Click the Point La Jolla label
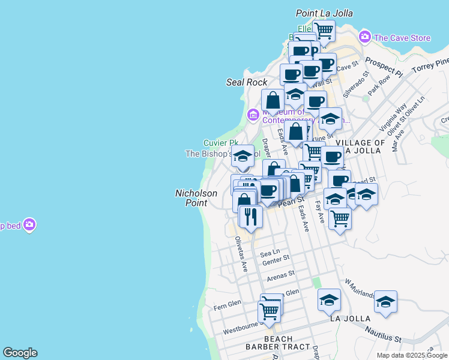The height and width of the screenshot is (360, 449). (325, 13)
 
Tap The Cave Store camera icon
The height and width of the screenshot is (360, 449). (364, 37)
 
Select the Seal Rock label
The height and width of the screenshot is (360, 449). (247, 82)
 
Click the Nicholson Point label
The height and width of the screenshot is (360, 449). (191, 198)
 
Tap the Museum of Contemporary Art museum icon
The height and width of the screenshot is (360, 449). (253, 113)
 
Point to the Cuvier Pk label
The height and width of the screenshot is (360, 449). (215, 143)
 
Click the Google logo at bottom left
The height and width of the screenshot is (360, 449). (20, 353)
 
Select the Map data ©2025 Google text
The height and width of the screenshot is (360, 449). (412, 355)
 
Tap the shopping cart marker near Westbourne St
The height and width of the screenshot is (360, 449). (270, 311)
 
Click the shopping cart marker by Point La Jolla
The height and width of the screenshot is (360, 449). (324, 30)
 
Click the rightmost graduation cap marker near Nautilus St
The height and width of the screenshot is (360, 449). (385, 302)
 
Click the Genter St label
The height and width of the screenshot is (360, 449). (276, 259)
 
